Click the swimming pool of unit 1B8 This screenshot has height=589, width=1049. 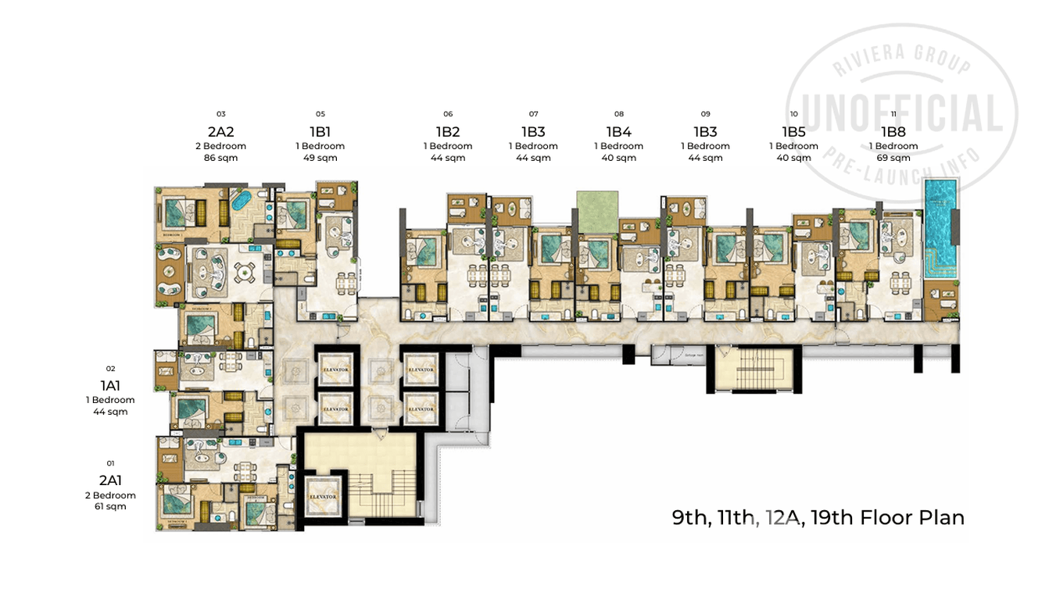point(940,230)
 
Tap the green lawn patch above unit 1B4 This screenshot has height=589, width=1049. point(597,211)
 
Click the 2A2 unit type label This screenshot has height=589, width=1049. point(220,131)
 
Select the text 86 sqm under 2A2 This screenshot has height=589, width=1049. point(220,159)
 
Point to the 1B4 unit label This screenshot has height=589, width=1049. point(618,131)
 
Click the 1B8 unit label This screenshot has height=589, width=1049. point(893,131)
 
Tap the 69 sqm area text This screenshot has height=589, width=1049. point(893,159)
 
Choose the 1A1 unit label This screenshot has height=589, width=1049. point(110,385)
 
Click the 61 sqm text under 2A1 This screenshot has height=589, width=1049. point(110,507)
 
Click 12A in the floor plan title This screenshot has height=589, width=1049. point(783,517)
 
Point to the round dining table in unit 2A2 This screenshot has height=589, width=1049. point(245,273)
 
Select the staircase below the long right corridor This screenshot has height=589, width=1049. point(751,369)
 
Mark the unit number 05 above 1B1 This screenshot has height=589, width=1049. point(320,114)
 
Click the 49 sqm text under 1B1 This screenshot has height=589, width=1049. point(320,159)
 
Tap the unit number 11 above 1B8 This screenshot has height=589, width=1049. point(893,114)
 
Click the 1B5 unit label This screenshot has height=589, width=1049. point(793,131)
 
